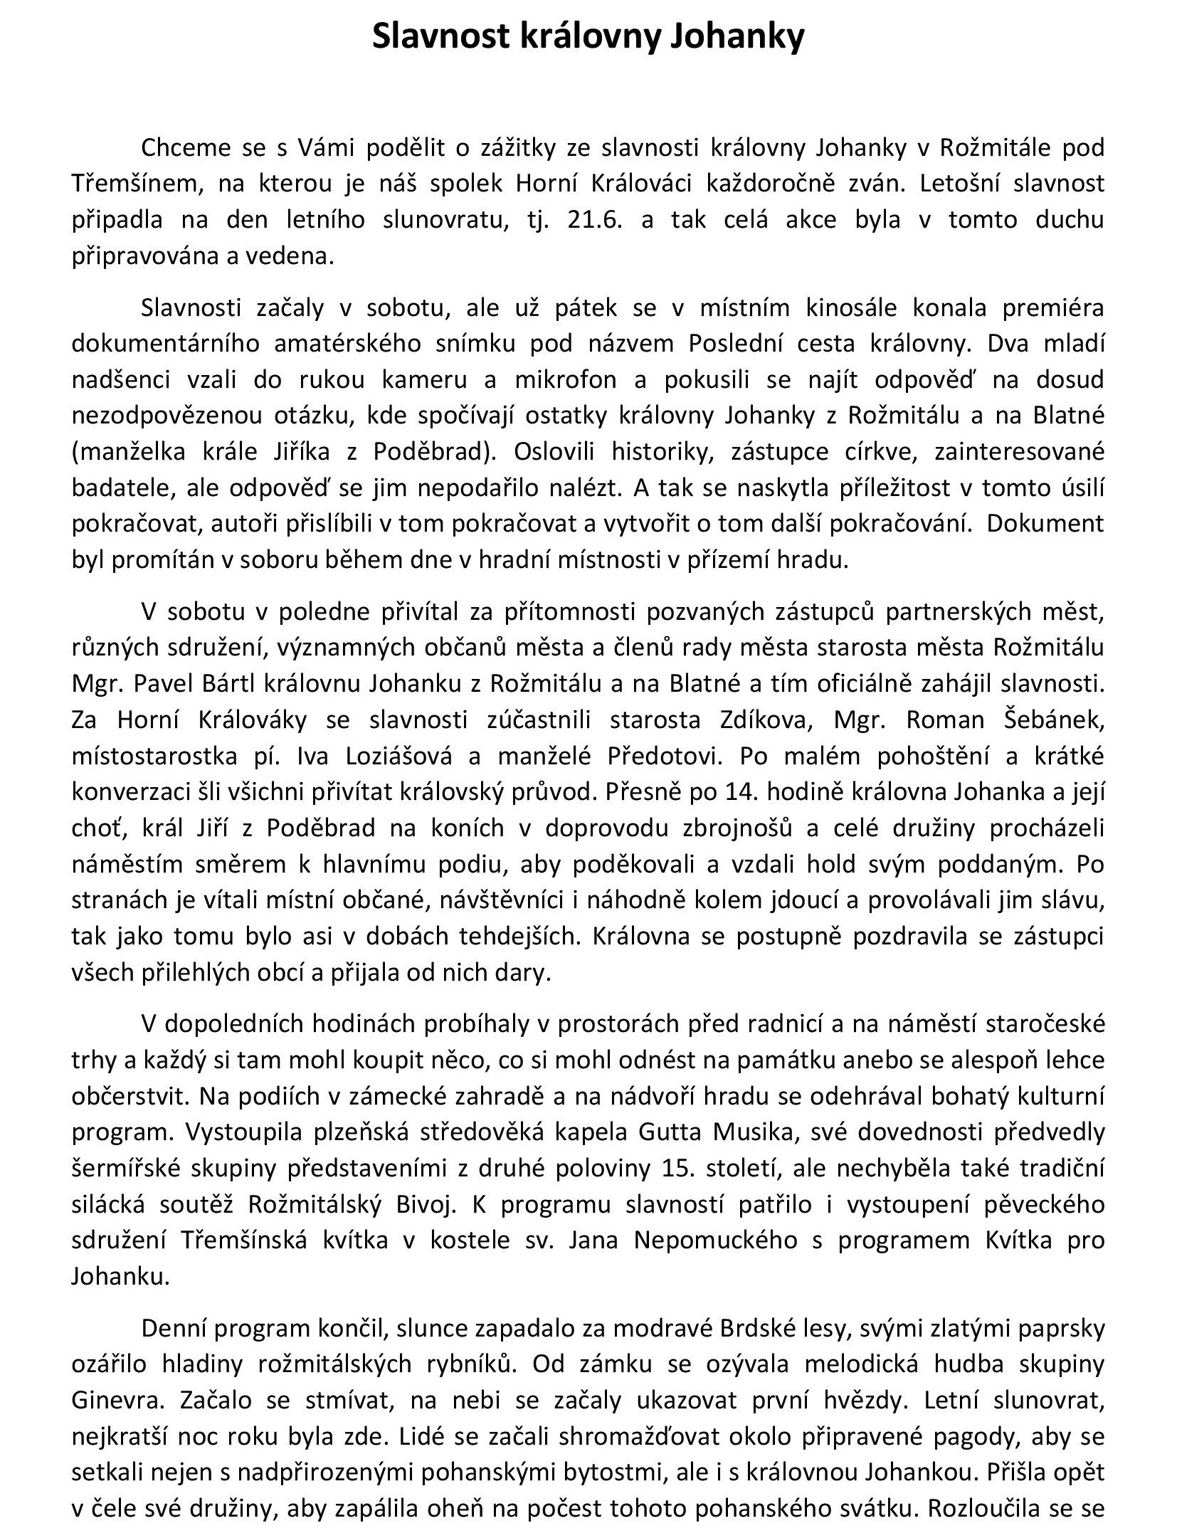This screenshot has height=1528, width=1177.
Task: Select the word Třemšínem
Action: tap(130, 184)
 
